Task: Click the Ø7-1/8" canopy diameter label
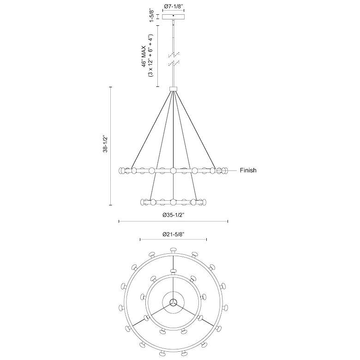(174, 7)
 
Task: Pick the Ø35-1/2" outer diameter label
(174, 215)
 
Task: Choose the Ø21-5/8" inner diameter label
(174, 234)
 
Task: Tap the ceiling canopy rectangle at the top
(174, 17)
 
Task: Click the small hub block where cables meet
(174, 89)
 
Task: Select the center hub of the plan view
(174, 302)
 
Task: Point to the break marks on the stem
(174, 58)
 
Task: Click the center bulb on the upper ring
(174, 171)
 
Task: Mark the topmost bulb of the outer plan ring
(174, 250)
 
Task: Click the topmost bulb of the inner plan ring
(174, 271)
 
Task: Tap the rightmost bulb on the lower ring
(204, 202)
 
